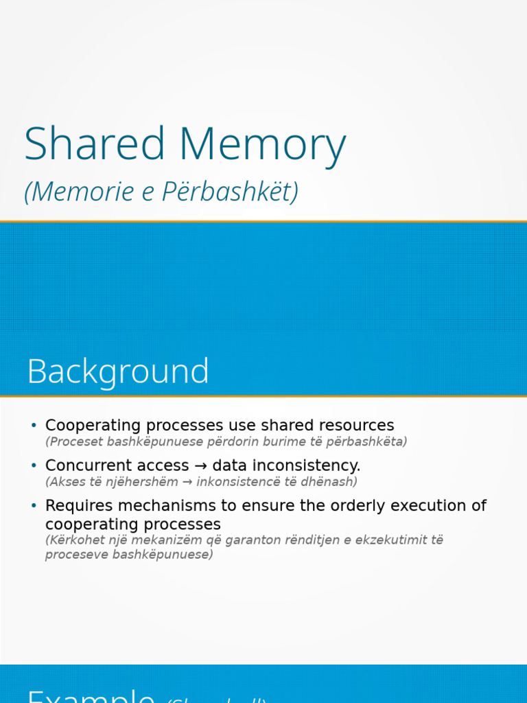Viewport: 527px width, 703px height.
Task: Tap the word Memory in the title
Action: click(x=263, y=146)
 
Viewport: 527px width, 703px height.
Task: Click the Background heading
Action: click(x=118, y=371)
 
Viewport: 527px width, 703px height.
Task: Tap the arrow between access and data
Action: click(x=200, y=465)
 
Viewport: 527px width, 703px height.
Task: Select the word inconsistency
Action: click(x=303, y=465)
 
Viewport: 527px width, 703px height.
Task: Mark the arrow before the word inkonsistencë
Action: click(x=187, y=482)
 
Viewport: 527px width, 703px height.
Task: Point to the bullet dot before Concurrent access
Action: click(x=34, y=465)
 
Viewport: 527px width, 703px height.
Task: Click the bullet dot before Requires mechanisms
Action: click(x=34, y=506)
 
